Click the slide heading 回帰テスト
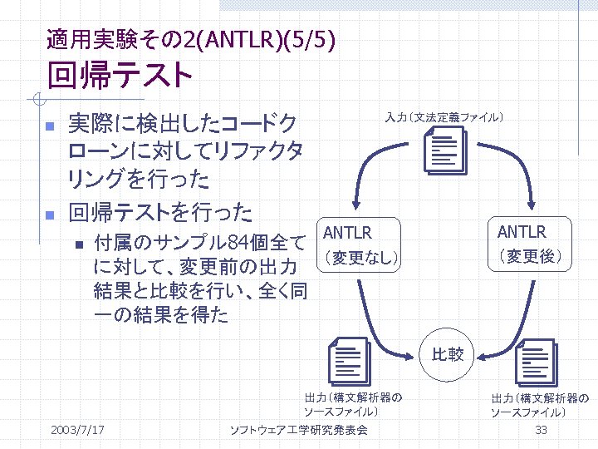tap(120, 76)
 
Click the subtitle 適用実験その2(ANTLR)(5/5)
tap(192, 38)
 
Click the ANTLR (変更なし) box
tap(360, 244)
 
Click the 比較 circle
tap(448, 355)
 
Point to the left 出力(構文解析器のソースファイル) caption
tap(353, 404)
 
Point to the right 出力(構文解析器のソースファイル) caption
tap(539, 405)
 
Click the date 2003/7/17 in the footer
tap(77, 430)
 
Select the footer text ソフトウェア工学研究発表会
tap(298, 430)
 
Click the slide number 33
tap(541, 430)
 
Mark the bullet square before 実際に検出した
tap(49, 126)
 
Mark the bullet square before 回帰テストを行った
tap(49, 215)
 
